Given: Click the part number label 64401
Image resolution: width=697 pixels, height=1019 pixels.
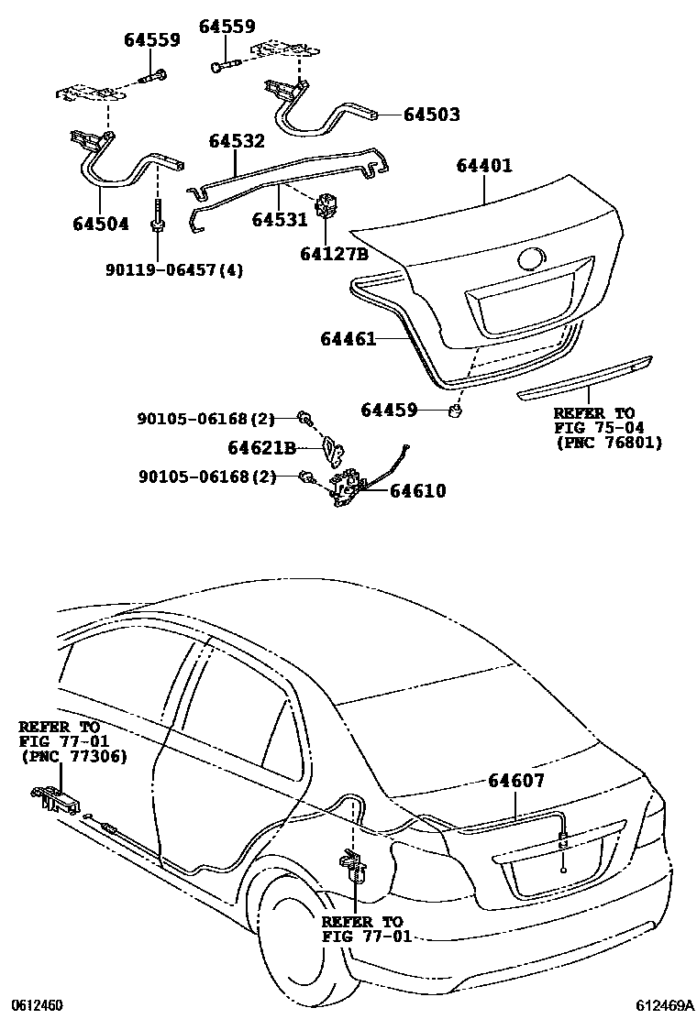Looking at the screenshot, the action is (484, 166).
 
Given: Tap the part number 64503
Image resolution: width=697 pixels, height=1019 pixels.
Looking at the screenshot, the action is (432, 115).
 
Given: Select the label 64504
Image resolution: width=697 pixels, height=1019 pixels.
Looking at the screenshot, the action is (101, 224).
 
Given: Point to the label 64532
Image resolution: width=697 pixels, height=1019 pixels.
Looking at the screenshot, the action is (237, 141).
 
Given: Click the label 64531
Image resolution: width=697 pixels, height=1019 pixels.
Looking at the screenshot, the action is (280, 220).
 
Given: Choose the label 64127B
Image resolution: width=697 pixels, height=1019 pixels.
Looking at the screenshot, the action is (334, 254).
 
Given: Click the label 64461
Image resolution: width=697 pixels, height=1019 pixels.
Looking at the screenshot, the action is (348, 338).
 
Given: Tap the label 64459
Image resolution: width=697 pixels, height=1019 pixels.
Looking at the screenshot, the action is (389, 410).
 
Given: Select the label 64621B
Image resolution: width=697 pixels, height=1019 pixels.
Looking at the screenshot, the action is (261, 448).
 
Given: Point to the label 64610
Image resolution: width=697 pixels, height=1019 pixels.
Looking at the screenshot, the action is (418, 490).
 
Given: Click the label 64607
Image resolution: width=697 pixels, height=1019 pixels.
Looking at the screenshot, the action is (516, 781).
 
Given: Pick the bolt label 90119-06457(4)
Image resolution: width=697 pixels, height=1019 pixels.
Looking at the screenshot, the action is (174, 269).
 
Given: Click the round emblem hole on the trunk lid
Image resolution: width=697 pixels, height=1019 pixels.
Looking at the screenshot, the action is (533, 259).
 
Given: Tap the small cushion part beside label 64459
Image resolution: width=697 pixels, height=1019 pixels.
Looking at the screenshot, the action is (457, 410).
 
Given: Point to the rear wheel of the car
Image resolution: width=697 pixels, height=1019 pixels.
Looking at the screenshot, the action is (304, 942).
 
